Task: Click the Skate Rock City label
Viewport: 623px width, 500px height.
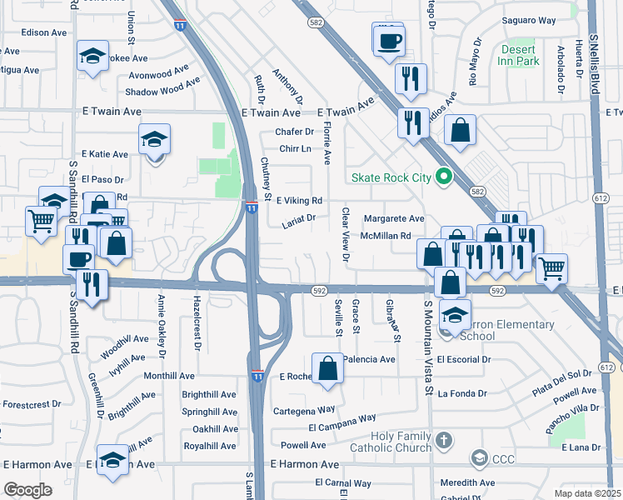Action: pyautogui.click(x=391, y=177)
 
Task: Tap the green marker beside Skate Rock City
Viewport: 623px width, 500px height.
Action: pyautogui.click(x=444, y=177)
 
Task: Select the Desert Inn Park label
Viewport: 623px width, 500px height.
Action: pyautogui.click(x=518, y=55)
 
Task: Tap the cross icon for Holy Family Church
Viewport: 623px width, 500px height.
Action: pyautogui.click(x=444, y=439)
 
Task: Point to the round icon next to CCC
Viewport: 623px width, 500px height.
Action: pyautogui.click(x=479, y=457)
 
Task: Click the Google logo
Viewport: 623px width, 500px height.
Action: pyautogui.click(x=27, y=489)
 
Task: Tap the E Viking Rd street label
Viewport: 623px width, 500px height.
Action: pyautogui.click(x=299, y=201)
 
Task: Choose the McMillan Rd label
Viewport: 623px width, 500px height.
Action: pyautogui.click(x=386, y=236)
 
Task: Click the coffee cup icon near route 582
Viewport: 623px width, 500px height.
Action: pyautogui.click(x=388, y=40)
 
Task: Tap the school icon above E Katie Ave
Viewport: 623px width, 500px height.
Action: pyautogui.click(x=154, y=139)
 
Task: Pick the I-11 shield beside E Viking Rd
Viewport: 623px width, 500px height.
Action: pyautogui.click(x=251, y=206)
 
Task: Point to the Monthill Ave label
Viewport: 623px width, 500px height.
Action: pyautogui.click(x=169, y=376)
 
